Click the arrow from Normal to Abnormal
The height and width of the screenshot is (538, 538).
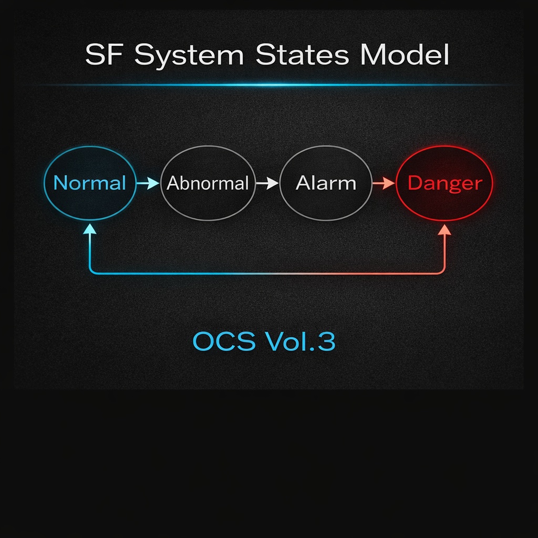pyautogui.click(x=148, y=183)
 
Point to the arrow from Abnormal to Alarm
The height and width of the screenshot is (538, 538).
pyautogui.click(x=267, y=183)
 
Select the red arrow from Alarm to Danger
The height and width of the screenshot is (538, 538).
pyautogui.click(x=384, y=183)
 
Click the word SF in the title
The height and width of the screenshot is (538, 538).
pyautogui.click(x=105, y=55)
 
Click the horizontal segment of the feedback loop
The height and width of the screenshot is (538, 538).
pyautogui.click(x=268, y=273)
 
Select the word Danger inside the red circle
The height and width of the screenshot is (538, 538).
pyautogui.click(x=444, y=183)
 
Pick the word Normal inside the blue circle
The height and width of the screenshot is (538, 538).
pyautogui.click(x=90, y=183)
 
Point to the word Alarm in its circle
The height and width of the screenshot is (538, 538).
pyautogui.click(x=326, y=183)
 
